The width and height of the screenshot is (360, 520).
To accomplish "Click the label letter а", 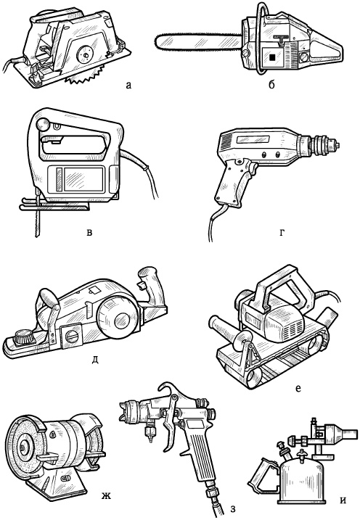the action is [x=128, y=86].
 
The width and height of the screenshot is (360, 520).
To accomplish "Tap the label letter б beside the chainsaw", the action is [x=271, y=85].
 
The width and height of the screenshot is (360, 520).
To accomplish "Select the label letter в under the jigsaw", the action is [x=89, y=232].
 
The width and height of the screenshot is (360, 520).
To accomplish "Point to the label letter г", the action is [x=282, y=233].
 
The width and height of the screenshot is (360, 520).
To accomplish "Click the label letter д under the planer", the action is [x=95, y=359].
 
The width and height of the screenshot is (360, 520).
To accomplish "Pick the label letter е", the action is [x=298, y=388].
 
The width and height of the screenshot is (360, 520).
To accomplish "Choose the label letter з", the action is [x=232, y=509].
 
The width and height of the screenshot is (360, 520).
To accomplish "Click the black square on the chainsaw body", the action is [x=272, y=57].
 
